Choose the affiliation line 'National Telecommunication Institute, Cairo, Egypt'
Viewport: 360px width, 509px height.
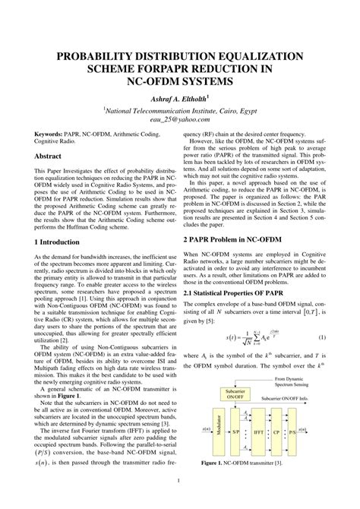[180, 109]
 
